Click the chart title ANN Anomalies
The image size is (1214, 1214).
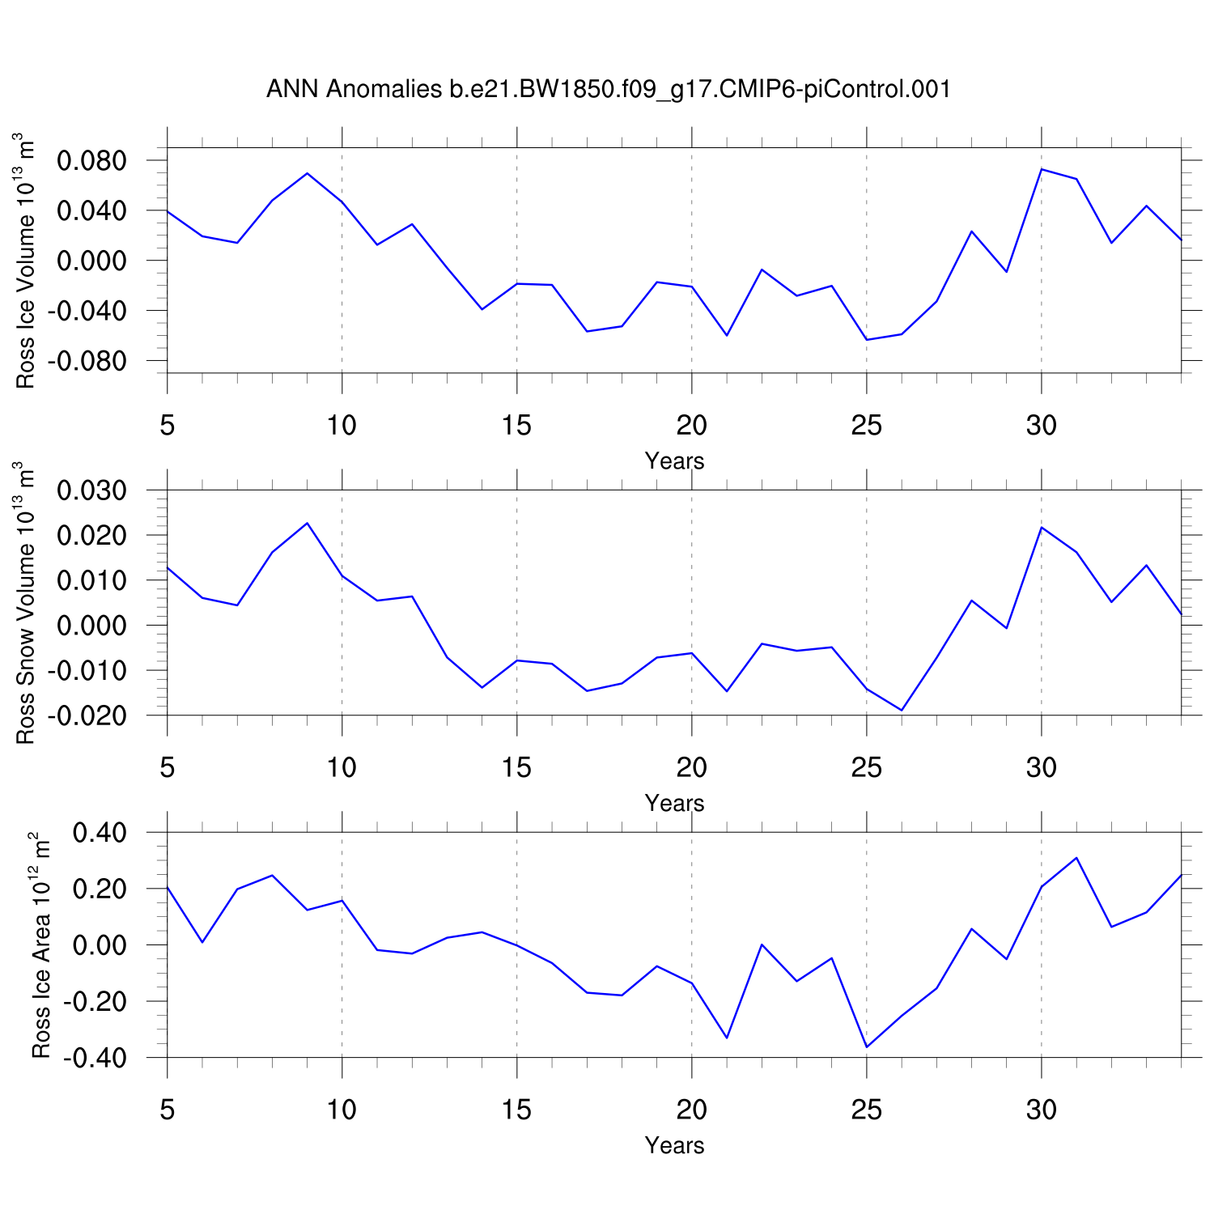tap(608, 89)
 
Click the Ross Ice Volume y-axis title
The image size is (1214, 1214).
tap(26, 261)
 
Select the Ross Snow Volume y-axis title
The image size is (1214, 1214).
tap(26, 603)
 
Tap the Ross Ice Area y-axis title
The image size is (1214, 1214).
tap(40, 944)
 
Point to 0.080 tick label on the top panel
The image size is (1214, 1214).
tap(91, 161)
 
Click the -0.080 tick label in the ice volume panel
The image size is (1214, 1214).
tap(87, 361)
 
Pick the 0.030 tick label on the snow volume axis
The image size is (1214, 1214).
tap(91, 491)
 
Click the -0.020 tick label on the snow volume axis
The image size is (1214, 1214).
tap(87, 716)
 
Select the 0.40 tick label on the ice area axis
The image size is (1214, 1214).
tap(100, 833)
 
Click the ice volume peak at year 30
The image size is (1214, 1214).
tap(1042, 169)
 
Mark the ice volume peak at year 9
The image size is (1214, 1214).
tap(308, 173)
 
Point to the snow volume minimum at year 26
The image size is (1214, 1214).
tap(902, 710)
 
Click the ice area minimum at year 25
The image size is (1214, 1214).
tap(867, 1047)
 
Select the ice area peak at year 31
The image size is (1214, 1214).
tap(1076, 858)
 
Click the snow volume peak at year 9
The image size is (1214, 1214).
tap(308, 523)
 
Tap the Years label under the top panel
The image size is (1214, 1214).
tap(674, 461)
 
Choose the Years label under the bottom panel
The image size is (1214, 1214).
tap(674, 1146)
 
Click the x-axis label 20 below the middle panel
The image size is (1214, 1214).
tap(691, 767)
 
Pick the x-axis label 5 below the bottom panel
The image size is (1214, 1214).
tap(168, 1110)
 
